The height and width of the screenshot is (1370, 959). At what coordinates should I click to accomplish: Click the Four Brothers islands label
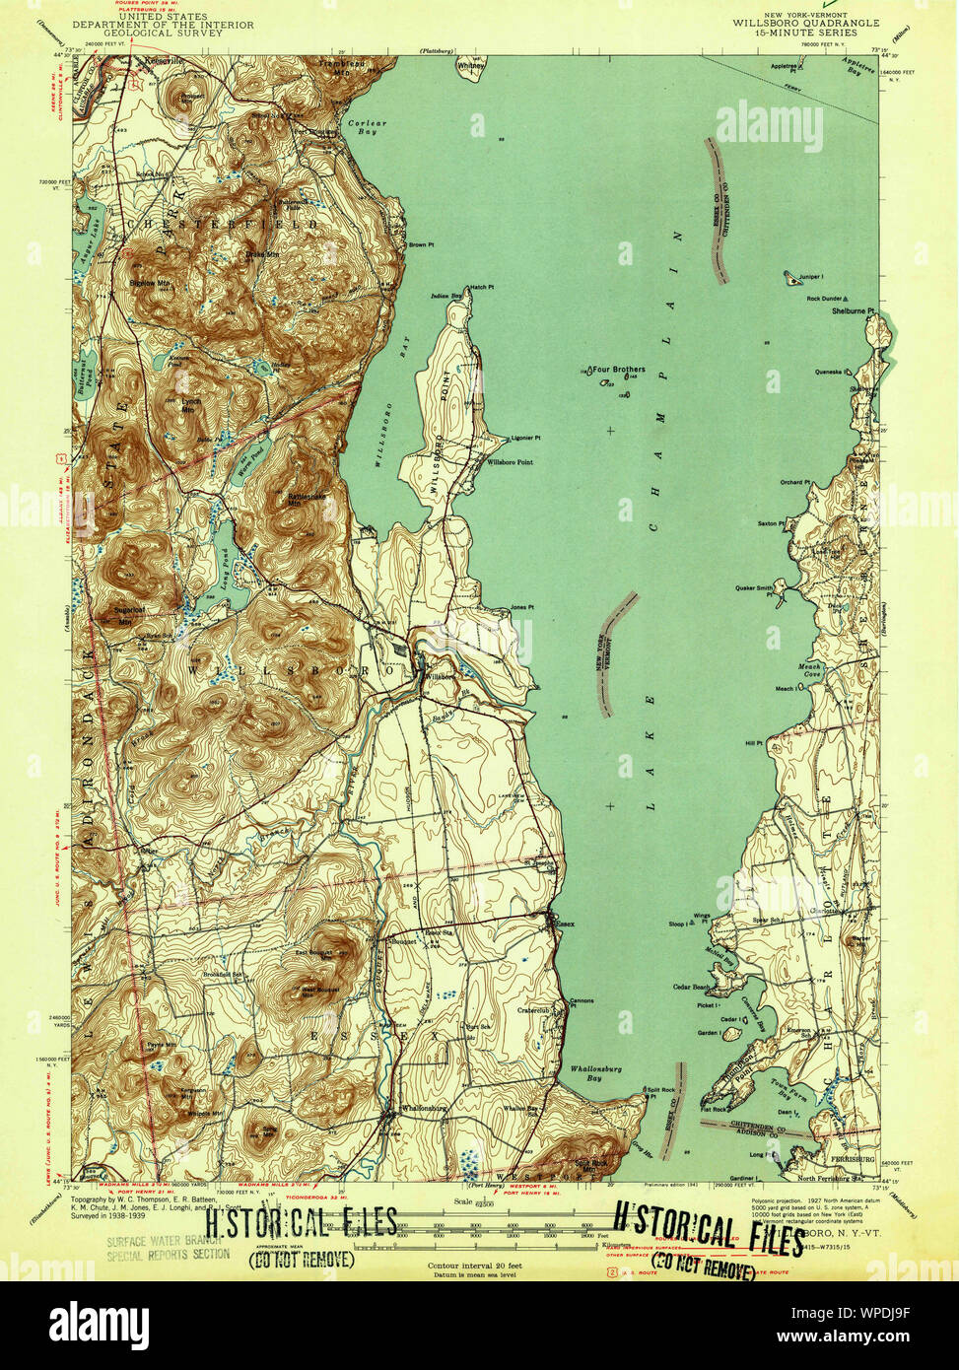click(619, 370)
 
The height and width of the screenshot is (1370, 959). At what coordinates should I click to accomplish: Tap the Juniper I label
click(807, 277)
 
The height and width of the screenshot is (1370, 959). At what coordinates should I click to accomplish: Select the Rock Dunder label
click(824, 299)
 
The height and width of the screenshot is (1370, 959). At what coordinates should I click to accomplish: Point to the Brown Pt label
click(421, 244)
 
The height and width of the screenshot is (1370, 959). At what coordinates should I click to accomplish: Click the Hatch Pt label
click(481, 287)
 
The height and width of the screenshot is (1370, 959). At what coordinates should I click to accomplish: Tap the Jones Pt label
click(521, 607)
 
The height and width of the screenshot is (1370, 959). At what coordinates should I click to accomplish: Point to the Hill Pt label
click(754, 743)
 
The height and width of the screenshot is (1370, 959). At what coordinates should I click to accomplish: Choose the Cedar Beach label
click(691, 987)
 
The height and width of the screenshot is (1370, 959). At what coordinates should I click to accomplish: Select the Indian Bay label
click(446, 296)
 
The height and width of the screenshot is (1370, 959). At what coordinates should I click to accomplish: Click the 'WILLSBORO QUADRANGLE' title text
click(793, 24)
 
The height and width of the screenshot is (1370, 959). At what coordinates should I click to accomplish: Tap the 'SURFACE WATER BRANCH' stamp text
click(167, 1241)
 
